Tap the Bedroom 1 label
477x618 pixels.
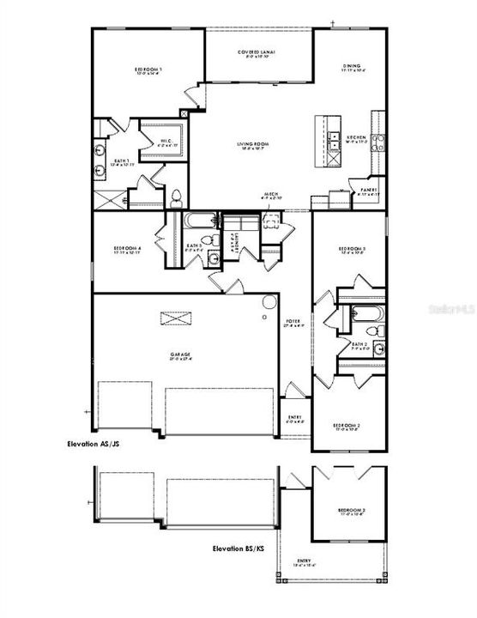click(148, 70)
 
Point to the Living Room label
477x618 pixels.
click(255, 146)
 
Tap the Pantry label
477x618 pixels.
click(369, 191)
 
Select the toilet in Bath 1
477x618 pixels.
click(176, 199)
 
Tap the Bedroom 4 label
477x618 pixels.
click(127, 251)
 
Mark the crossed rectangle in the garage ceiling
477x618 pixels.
click(176, 318)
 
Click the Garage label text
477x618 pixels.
click(179, 354)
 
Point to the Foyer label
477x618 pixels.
click(293, 324)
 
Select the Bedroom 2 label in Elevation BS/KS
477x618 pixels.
click(351, 512)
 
